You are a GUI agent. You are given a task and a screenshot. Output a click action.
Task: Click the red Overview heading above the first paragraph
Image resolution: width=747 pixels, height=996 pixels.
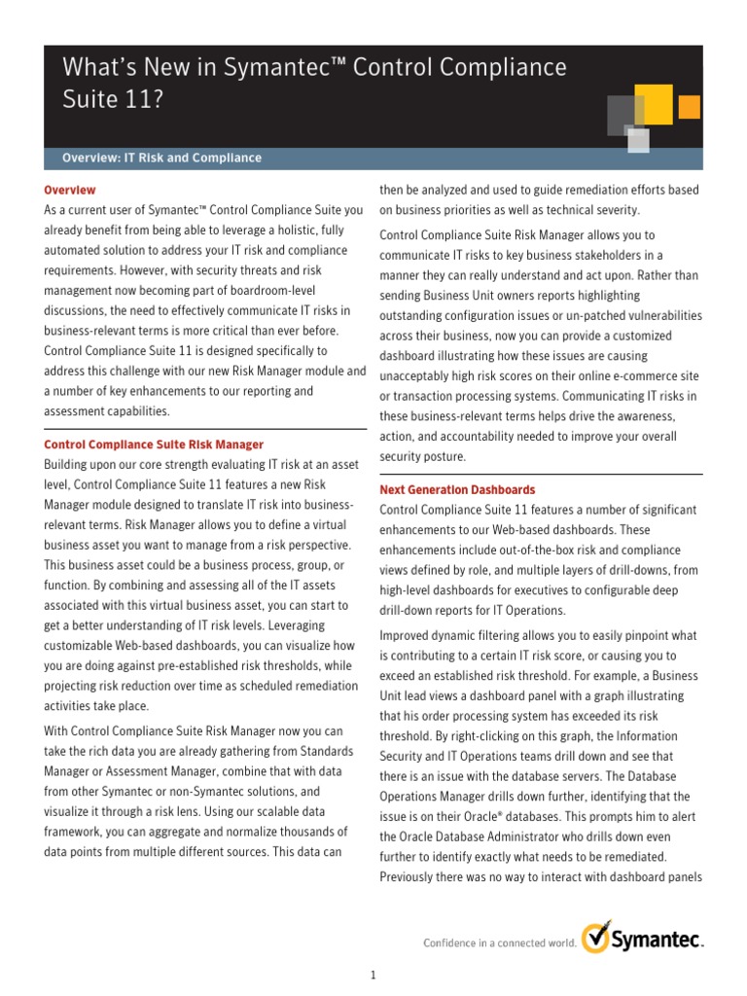click(70, 190)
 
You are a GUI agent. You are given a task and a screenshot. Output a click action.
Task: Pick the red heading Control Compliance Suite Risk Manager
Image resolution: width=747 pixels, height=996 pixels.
click(154, 445)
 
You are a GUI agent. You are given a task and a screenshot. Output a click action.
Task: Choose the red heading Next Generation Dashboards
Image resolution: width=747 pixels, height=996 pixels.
click(457, 489)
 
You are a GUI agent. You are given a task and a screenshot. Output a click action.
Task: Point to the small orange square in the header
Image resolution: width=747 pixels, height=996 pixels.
click(690, 106)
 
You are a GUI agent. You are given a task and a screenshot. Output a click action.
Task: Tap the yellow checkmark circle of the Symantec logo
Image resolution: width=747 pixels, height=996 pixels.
click(595, 938)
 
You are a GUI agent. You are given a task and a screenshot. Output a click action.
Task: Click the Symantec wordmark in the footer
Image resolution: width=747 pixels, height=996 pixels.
click(657, 941)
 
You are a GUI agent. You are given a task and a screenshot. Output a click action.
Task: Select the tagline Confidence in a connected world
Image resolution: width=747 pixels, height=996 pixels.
click(499, 943)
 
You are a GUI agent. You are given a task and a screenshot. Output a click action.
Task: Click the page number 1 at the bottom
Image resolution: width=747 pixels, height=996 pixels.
click(373, 975)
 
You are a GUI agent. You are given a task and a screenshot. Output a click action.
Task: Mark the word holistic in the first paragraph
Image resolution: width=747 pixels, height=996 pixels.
click(295, 230)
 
